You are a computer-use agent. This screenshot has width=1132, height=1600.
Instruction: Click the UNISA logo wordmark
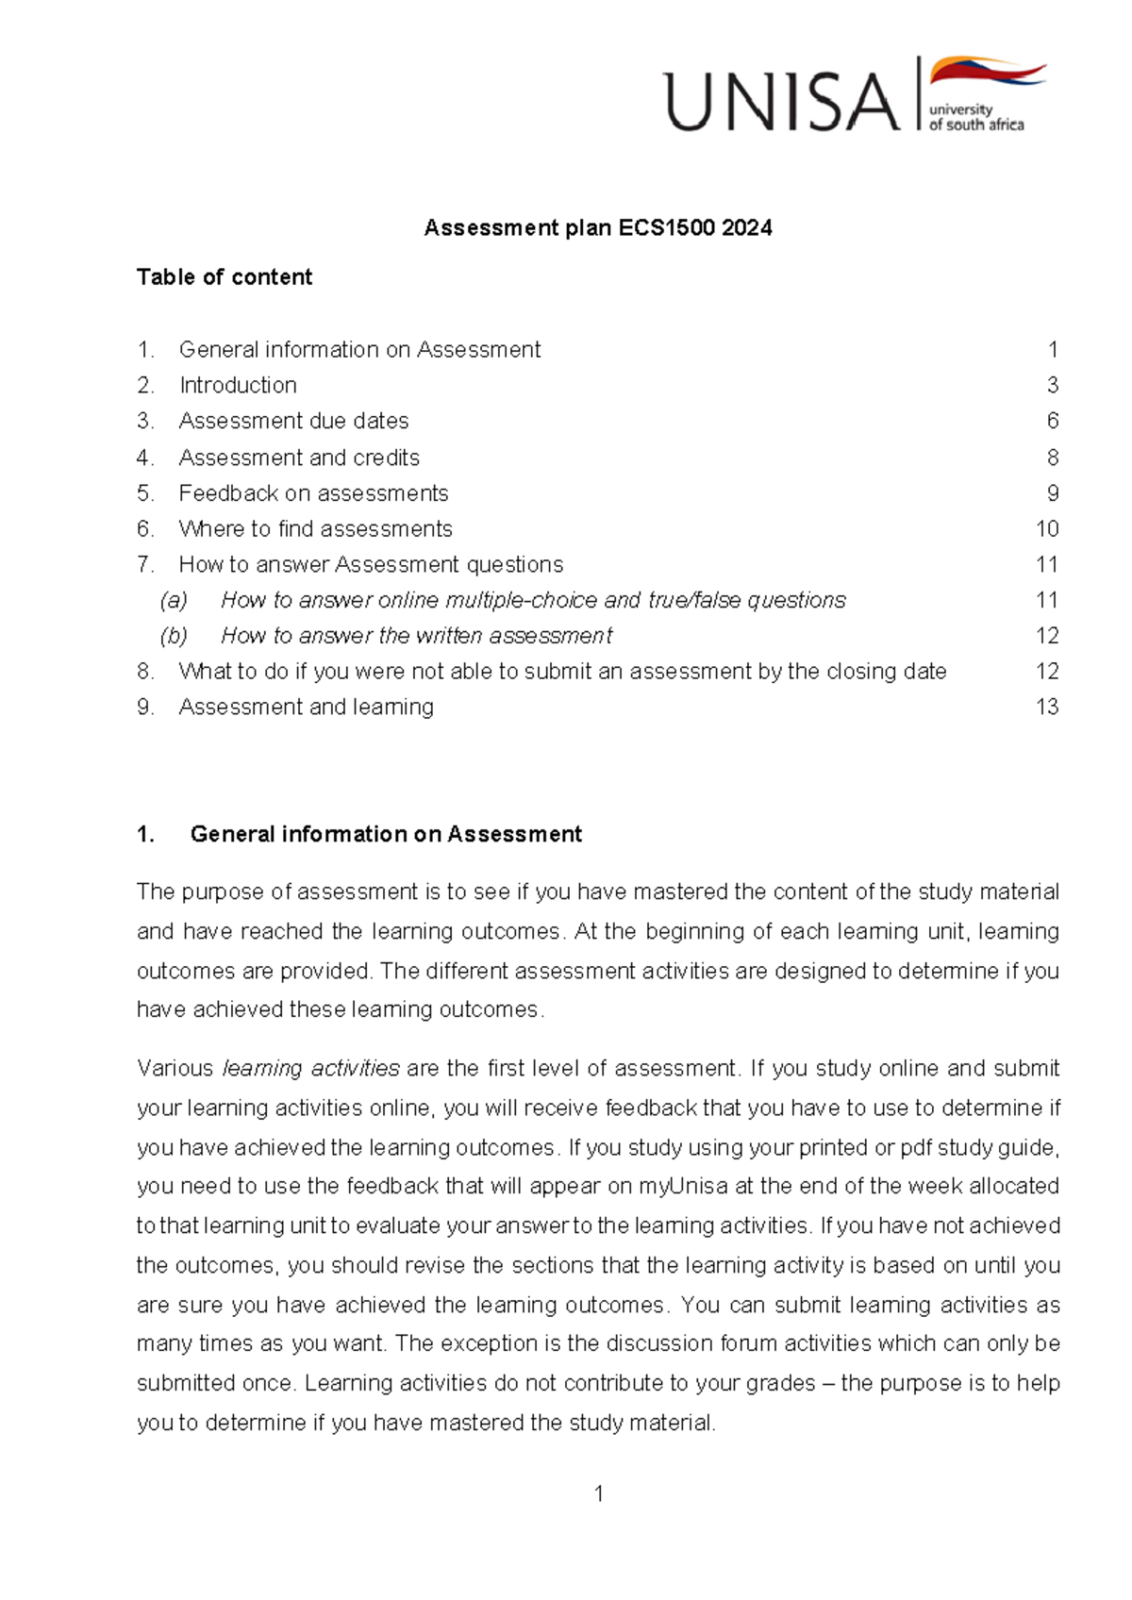point(782,102)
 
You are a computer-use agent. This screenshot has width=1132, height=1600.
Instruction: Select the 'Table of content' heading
point(224,276)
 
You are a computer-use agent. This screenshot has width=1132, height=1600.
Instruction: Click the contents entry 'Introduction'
point(238,385)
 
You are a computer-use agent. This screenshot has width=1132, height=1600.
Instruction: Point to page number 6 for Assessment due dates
point(1053,421)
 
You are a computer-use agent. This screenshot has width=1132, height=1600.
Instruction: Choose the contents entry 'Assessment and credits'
point(299,458)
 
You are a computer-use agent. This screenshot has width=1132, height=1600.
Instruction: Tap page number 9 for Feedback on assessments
point(1053,493)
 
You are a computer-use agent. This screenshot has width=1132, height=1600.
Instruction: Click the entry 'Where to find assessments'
point(315,528)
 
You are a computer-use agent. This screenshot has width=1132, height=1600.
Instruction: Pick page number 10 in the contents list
point(1047,528)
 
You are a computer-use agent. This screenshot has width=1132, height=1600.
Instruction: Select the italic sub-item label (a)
point(174,600)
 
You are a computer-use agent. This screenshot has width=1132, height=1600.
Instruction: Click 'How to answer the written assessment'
point(416,636)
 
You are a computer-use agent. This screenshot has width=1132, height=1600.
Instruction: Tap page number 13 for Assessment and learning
point(1047,707)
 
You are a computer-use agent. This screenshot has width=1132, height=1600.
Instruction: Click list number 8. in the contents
point(145,671)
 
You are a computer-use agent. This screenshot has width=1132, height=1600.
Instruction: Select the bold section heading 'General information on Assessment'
point(386,834)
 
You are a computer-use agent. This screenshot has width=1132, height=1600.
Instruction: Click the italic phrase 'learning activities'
point(311,1068)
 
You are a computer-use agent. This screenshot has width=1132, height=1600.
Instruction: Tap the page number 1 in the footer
point(598,1493)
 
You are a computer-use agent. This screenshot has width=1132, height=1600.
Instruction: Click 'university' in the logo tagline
point(959,109)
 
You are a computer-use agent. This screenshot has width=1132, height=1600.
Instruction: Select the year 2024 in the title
point(746,227)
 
